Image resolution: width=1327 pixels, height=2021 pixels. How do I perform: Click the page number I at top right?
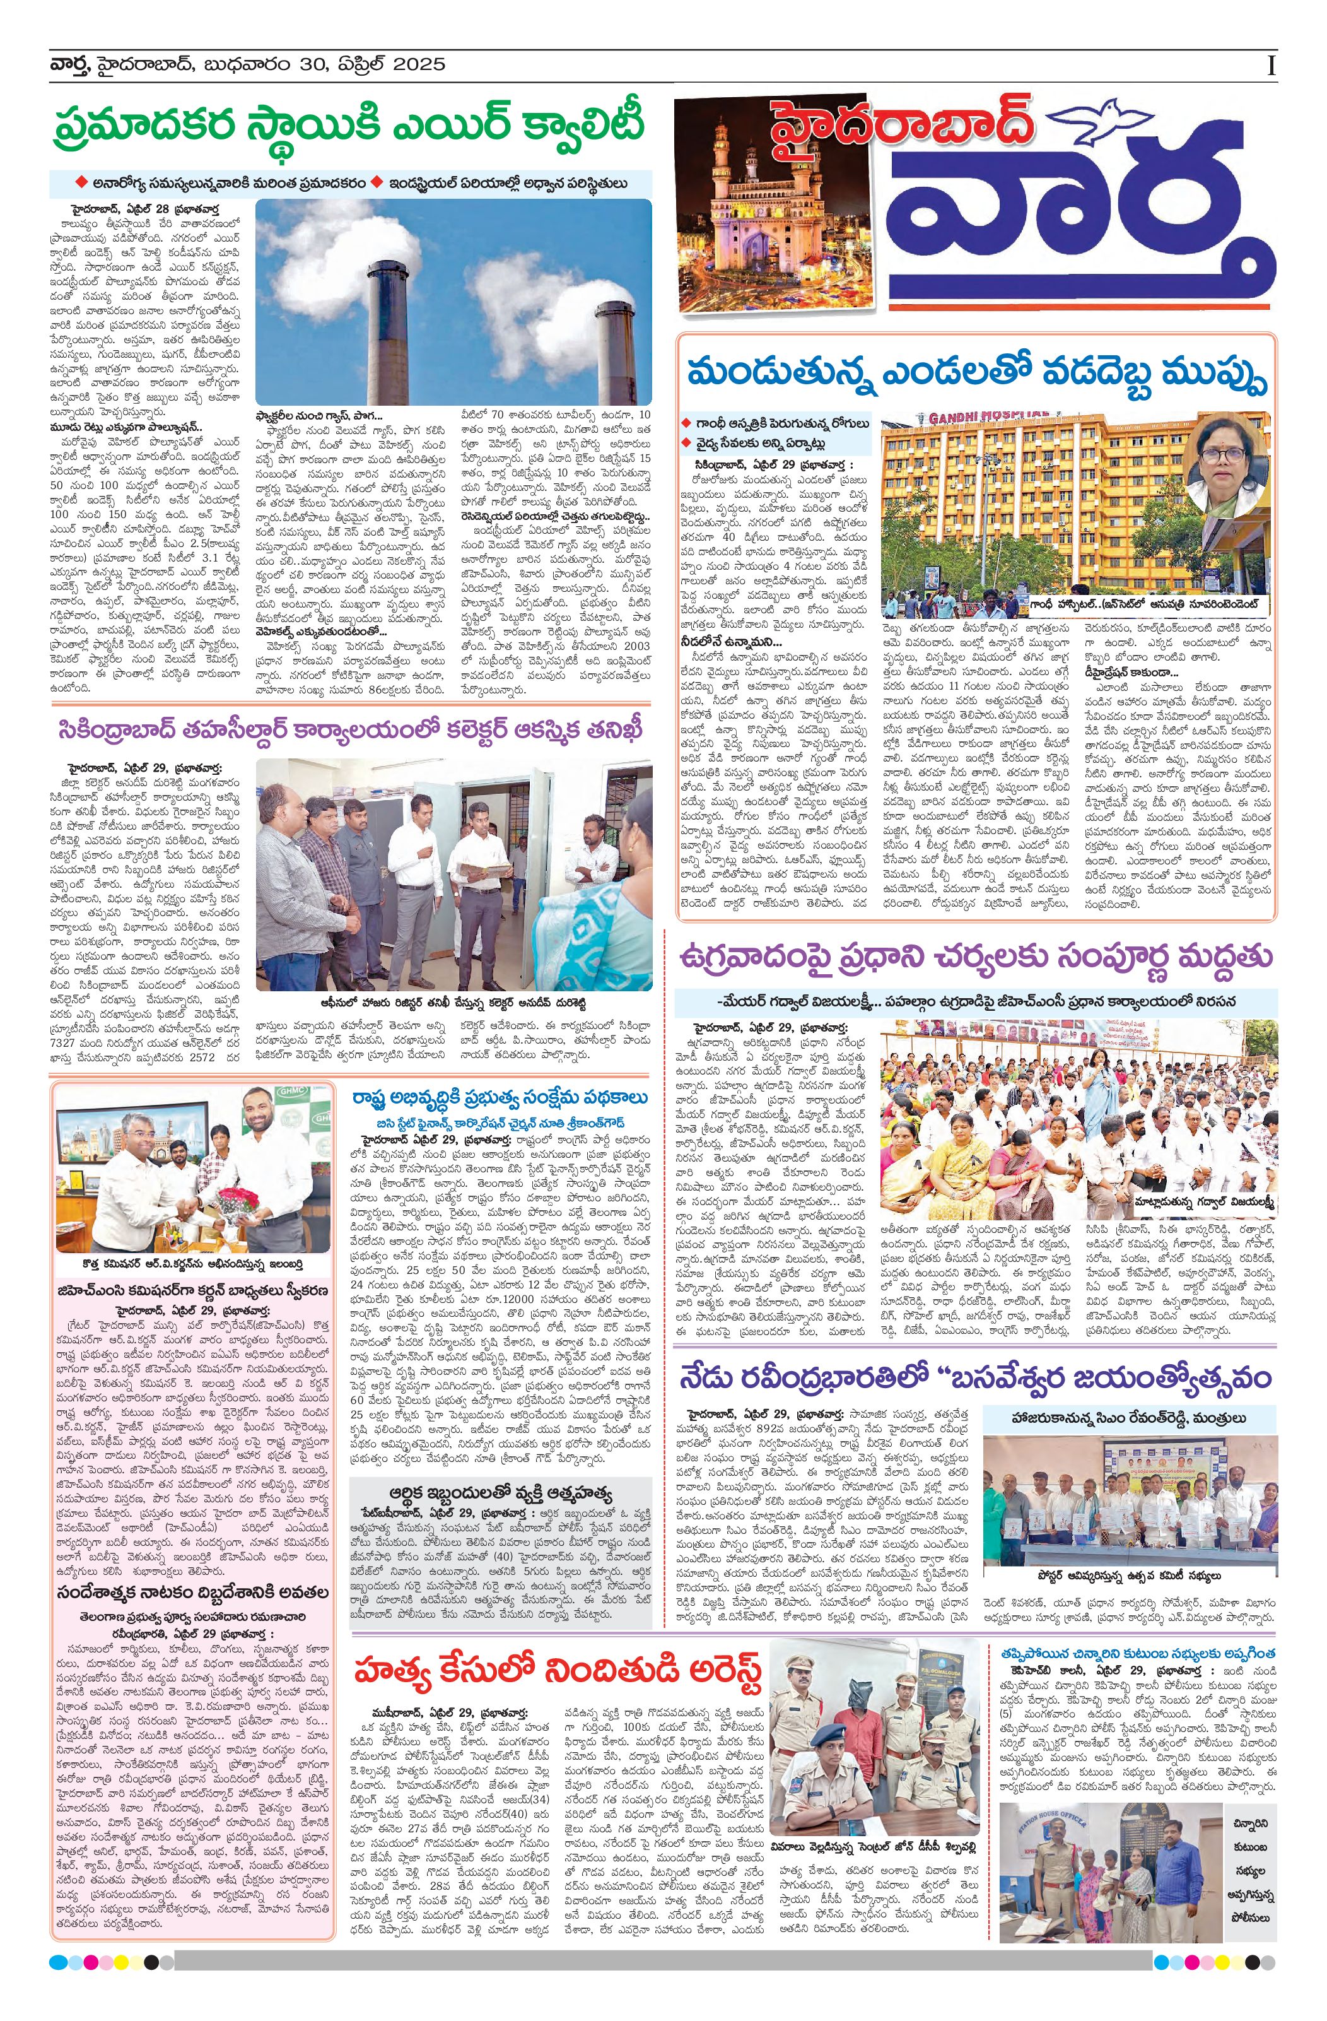1271,66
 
